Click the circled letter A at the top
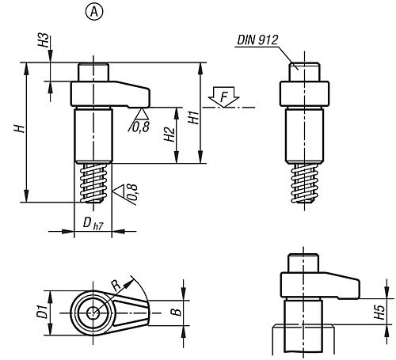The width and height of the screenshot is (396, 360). pos(94,12)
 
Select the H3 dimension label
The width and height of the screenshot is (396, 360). pos(44,40)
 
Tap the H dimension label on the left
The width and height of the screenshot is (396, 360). pos(20,128)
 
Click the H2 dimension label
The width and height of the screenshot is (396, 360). pos(169,135)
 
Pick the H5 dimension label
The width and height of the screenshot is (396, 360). pos(380,312)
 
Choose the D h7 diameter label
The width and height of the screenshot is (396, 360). pos(93,224)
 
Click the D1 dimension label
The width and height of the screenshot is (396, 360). pos(42,311)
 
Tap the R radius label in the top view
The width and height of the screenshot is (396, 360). pos(116,286)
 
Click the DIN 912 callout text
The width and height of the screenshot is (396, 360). pos(257,40)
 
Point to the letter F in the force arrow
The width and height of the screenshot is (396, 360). pos(223,97)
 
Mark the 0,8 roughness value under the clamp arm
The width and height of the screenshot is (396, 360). pos(141,127)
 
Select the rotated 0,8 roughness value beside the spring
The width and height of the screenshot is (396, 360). pos(132,195)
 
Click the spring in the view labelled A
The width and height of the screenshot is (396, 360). pos(93,183)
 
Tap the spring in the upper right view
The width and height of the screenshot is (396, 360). pos(305,184)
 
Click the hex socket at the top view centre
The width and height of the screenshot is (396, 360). pos(93,313)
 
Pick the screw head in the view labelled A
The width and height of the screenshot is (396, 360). pos(93,72)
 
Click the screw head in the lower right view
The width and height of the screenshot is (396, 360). pos(303,263)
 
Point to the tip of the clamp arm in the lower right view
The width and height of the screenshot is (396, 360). pos(360,290)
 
